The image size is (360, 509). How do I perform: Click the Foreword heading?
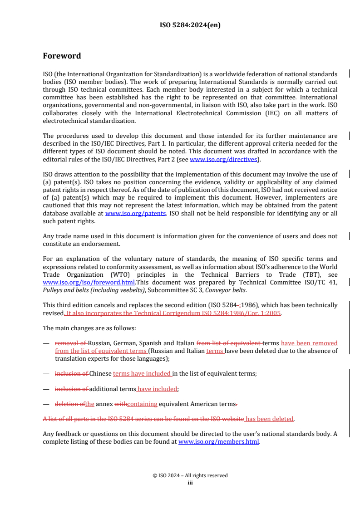[62, 56]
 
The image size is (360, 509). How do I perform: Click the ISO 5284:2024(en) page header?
[190, 25]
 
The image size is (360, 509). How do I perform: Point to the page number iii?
[190, 483]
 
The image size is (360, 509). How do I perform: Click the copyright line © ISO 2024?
[190, 475]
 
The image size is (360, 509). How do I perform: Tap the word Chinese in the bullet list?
[100, 374]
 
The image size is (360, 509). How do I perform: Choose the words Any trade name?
[64, 236]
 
